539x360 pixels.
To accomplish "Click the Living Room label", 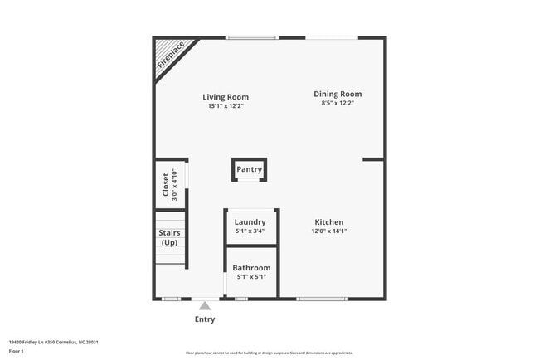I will [x=226, y=97].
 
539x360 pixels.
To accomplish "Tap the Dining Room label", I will [x=337, y=94].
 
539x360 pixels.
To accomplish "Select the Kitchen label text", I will [x=329, y=222].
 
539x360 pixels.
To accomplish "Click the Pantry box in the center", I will [x=249, y=169].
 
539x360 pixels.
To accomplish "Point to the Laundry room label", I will [x=250, y=222].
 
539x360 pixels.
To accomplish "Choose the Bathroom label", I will [x=250, y=268].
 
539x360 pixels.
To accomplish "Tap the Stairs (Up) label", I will [x=169, y=237].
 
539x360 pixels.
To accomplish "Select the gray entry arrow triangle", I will [x=205, y=306].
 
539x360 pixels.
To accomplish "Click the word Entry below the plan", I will [x=205, y=319].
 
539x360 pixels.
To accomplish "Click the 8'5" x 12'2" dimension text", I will [x=337, y=103].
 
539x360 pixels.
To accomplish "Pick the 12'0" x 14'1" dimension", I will [x=329, y=231].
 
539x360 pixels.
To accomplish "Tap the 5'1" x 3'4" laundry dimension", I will [x=250, y=231].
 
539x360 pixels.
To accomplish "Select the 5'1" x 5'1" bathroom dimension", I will [x=250, y=277].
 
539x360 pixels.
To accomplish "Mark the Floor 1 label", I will [x=17, y=351].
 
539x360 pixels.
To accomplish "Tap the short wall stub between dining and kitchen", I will [x=373, y=158].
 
